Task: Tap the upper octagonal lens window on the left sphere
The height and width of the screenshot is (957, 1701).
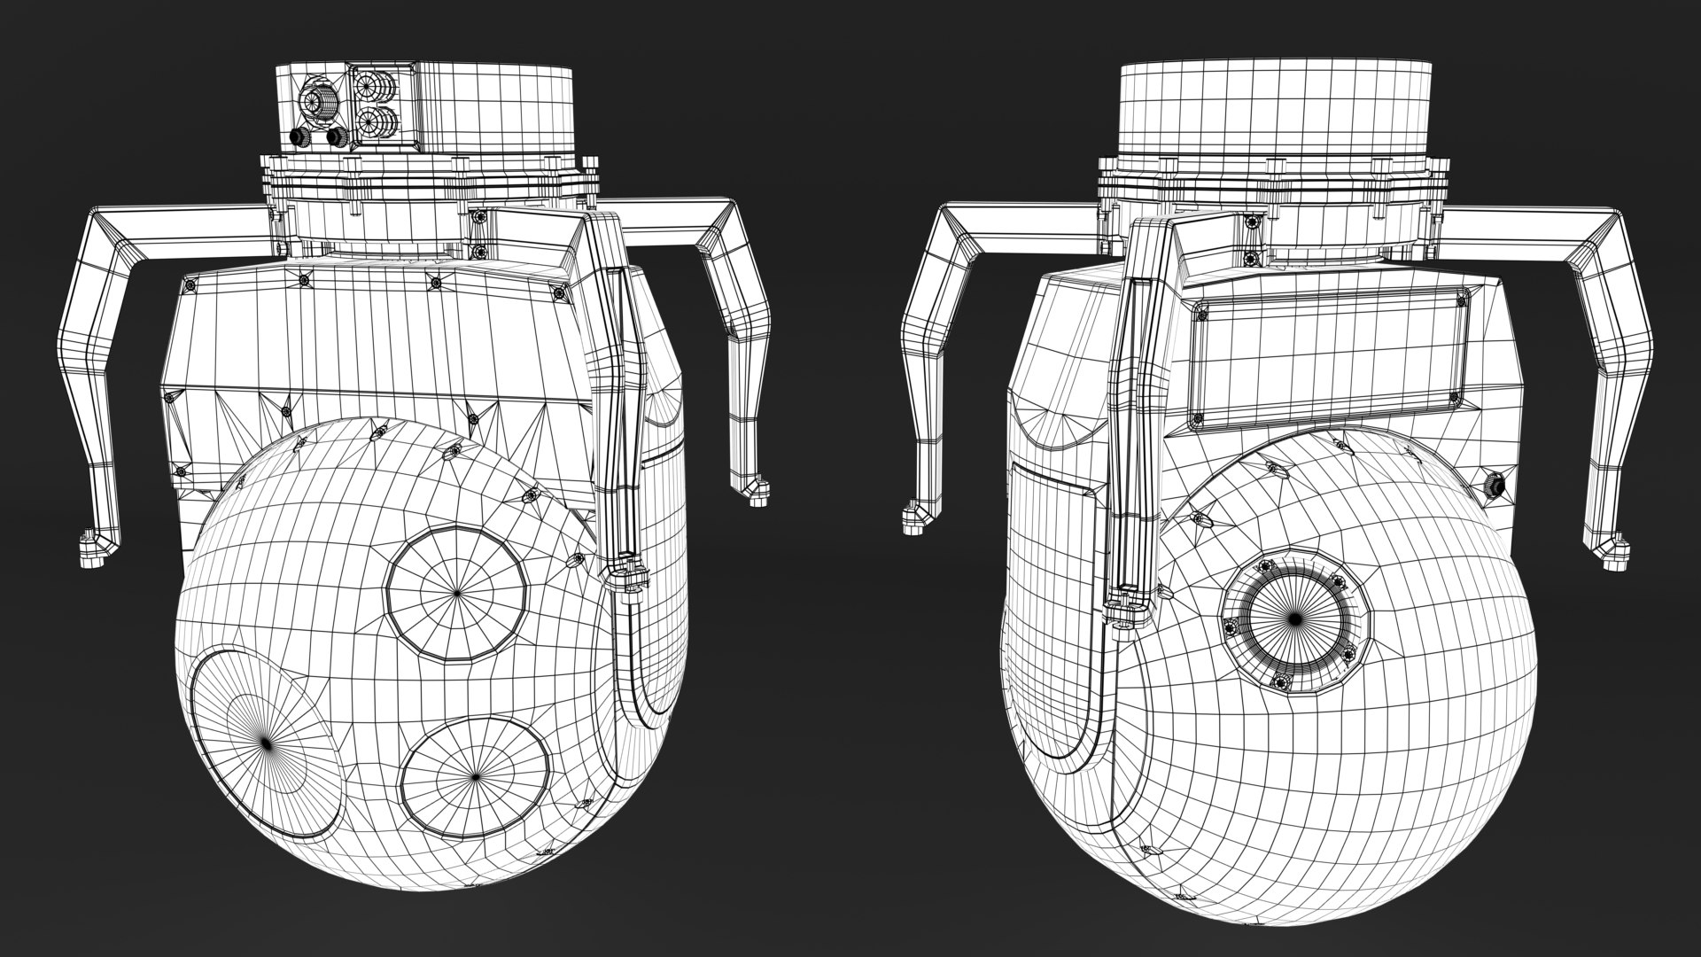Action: pyautogui.click(x=457, y=591)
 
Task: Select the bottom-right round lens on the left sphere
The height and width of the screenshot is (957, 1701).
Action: pyautogui.click(x=473, y=776)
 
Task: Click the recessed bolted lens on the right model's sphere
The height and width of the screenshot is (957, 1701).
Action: pyautogui.click(x=1294, y=618)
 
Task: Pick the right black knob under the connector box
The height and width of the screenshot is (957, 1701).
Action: pyautogui.click(x=336, y=137)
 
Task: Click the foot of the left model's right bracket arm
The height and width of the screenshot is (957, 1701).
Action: pyautogui.click(x=755, y=490)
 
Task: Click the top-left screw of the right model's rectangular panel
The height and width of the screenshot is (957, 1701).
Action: pyautogui.click(x=1202, y=312)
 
